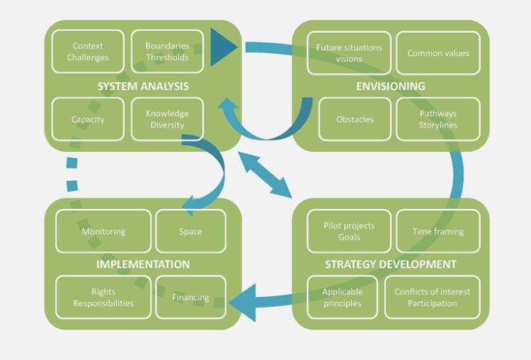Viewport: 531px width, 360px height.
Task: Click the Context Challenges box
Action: pos(88,52)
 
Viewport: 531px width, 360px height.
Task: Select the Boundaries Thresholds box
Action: pos(167,52)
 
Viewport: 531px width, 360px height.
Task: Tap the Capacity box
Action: pos(88,119)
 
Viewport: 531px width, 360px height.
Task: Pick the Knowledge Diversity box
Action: pos(167,119)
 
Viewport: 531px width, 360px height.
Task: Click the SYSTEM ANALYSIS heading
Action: pos(143,86)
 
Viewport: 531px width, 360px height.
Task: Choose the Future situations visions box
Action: pos(348,53)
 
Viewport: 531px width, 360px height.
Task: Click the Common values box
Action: pos(438,53)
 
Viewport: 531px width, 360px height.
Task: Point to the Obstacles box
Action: pos(355,119)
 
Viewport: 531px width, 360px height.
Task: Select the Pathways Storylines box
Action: pos(438,119)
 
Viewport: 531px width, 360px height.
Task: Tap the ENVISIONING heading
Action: pos(391,86)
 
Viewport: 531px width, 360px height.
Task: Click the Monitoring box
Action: pos(103,231)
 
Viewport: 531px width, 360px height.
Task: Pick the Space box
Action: pos(190,231)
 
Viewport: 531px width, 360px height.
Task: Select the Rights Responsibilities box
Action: pos(103,297)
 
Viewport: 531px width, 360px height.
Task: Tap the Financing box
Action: pos(190,297)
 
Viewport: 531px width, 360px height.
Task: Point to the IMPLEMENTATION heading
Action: pos(143,264)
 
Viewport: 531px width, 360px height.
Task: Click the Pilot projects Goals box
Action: pos(348,231)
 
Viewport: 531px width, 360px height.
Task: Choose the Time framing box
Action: pos(438,231)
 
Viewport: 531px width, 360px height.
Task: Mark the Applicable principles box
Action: pos(342,297)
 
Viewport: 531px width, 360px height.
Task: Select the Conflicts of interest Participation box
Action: pos(432,297)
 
